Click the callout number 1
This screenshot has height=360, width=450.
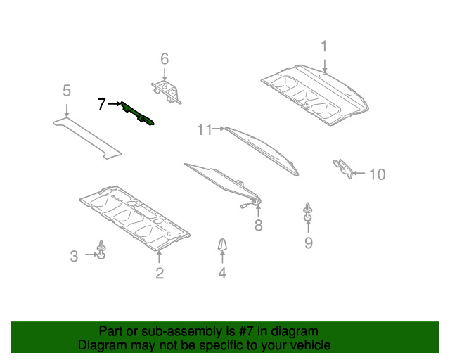tap(324, 46)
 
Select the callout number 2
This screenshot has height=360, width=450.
tap(160, 273)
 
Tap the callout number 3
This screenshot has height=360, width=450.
tap(74, 256)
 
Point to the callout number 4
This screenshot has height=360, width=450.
tap(222, 273)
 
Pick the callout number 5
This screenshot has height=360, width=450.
tap(67, 91)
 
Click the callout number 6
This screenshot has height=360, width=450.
tap(165, 59)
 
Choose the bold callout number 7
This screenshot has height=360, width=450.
tap(101, 104)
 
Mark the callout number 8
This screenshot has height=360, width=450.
tap(258, 225)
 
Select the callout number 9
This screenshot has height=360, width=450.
tap(309, 243)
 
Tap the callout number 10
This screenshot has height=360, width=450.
tap(377, 174)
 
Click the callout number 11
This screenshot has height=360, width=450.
tap(205, 129)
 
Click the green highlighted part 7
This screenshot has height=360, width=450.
tap(137, 114)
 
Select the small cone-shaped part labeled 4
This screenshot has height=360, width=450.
tap(222, 244)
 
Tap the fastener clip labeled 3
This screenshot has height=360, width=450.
tap(101, 250)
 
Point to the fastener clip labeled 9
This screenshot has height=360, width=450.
tap(308, 212)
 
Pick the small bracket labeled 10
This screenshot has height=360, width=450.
tap(345, 168)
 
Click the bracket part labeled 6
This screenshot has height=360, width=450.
tap(167, 92)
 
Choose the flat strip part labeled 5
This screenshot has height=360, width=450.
tap(87, 138)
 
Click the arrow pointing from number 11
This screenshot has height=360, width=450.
tap(219, 129)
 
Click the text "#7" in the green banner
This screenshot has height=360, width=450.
tap(246, 331)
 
